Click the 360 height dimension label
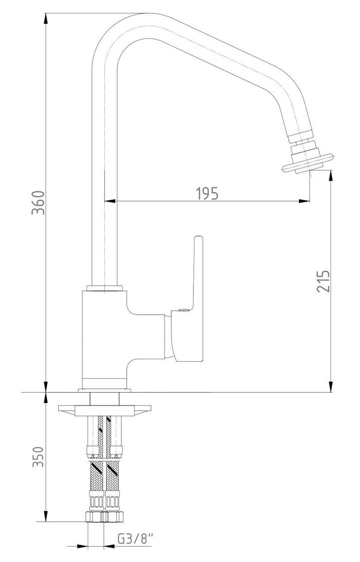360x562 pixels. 38,202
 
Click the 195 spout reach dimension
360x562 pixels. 207,193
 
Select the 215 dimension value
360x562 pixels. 323,281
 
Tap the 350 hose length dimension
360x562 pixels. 38,456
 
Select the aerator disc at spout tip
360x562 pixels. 308,162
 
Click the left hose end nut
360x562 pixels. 95,517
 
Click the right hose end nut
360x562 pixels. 114,517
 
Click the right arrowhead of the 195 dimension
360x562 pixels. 304,201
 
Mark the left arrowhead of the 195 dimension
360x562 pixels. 110,201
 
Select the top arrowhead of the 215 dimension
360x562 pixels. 330,175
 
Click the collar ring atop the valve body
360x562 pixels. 104,288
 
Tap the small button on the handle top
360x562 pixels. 183,310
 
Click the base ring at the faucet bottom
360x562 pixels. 105,390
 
